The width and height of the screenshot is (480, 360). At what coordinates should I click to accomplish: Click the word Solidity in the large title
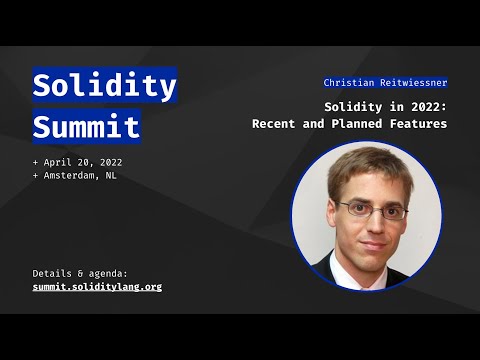pyautogui.click(x=104, y=86)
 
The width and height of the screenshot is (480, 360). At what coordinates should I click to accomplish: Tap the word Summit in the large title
pyautogui.click(x=86, y=127)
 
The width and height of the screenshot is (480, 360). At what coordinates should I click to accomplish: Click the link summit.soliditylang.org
pyautogui.click(x=97, y=286)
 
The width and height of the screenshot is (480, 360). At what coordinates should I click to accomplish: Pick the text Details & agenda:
pyautogui.click(x=80, y=272)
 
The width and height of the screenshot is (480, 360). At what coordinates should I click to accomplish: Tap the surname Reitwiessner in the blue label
pyautogui.click(x=412, y=82)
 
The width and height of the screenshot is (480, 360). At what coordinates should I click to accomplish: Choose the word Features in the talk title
pyautogui.click(x=419, y=124)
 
